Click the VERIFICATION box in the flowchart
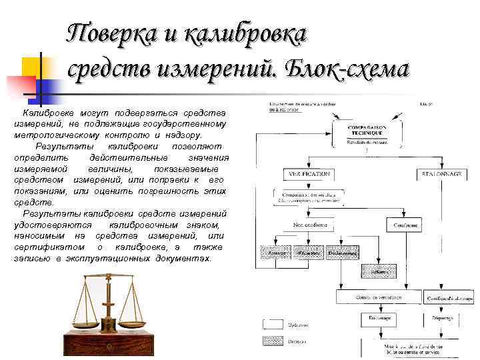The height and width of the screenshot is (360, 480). [x=307, y=173]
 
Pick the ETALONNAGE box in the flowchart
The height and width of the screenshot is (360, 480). [x=441, y=173]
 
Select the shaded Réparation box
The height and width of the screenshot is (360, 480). [x=307, y=253]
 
